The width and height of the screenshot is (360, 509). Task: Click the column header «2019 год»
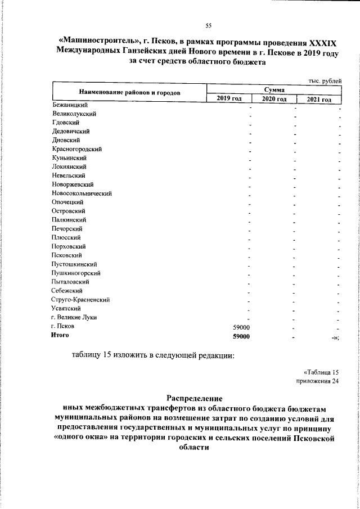pyautogui.click(x=229, y=100)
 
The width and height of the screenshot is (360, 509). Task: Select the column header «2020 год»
pyautogui.click(x=274, y=100)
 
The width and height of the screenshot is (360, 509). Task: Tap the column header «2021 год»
pyautogui.click(x=319, y=100)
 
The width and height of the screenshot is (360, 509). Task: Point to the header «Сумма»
pyautogui.click(x=274, y=90)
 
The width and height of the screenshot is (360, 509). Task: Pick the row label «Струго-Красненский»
pyautogui.click(x=80, y=299)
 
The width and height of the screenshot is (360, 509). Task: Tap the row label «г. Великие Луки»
pyautogui.click(x=74, y=317)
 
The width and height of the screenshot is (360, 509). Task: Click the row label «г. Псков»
pyautogui.click(x=62, y=326)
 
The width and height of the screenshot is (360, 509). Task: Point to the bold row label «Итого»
pyautogui.click(x=60, y=335)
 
